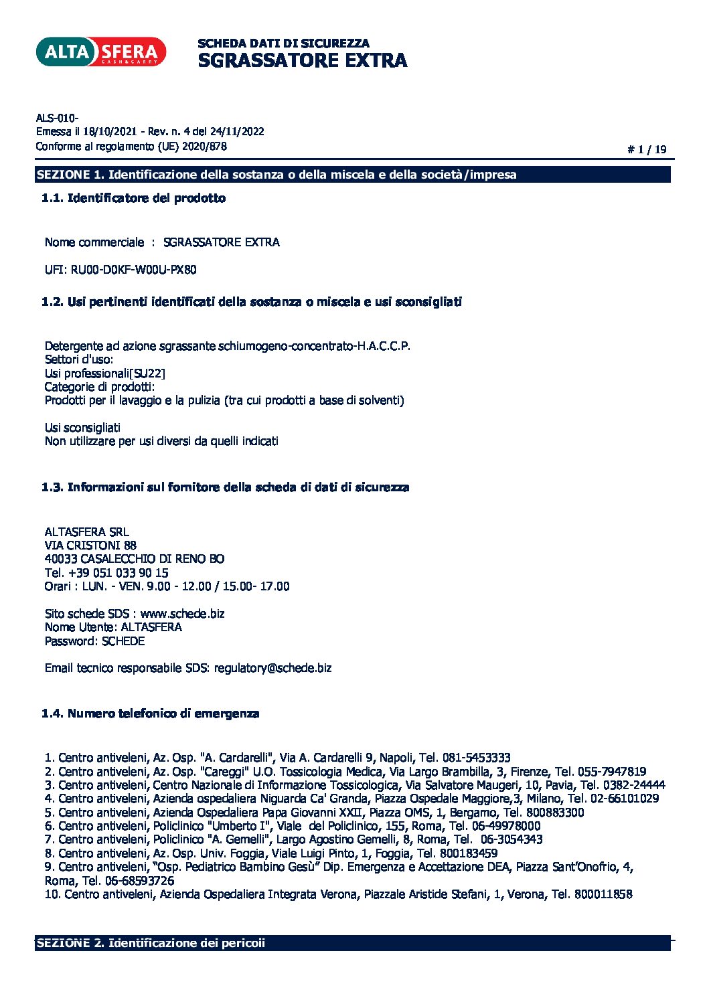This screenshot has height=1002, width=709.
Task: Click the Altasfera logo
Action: coord(100,52)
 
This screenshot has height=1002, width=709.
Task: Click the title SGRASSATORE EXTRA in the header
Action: coord(302,60)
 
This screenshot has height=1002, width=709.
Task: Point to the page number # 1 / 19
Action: coord(647,150)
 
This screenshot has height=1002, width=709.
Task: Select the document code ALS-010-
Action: coord(58,118)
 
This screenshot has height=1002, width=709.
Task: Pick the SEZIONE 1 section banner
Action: coord(353,175)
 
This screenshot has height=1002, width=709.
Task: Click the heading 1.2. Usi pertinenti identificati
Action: coord(252,302)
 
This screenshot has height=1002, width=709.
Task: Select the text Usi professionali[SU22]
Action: coord(104,373)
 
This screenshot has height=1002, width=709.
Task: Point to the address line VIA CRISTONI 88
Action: coord(90,546)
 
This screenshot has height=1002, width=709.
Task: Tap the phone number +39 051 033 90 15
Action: coord(119,573)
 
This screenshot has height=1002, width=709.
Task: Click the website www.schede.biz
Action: coord(182,614)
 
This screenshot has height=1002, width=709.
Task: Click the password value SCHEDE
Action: coord(123,641)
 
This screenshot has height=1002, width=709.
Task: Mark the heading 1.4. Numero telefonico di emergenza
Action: coord(151,714)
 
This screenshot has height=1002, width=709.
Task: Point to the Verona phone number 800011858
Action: coord(603,894)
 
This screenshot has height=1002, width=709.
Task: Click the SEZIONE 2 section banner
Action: coord(353,943)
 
